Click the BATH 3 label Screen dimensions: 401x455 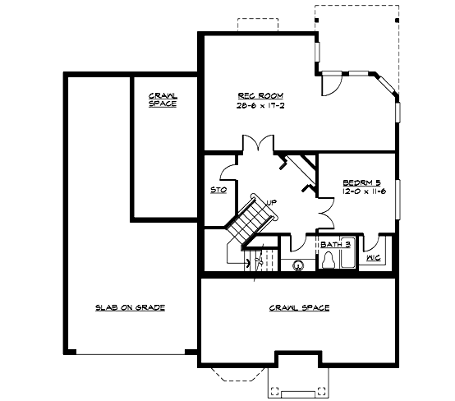pos(336,244)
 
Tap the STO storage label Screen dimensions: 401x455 pos(218,190)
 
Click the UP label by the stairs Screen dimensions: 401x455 pos(272,201)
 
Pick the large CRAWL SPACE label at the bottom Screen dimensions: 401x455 pos(299,308)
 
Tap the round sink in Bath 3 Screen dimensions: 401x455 pos(298,265)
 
